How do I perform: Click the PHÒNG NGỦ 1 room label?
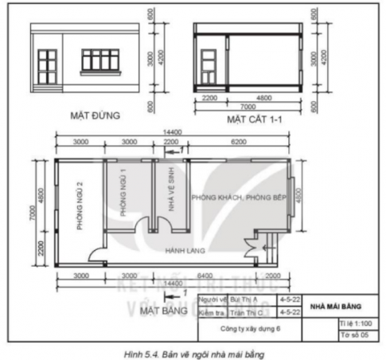coord(123,194)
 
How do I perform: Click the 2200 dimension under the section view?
coord(209,98)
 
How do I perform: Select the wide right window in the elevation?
coord(101,59)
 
